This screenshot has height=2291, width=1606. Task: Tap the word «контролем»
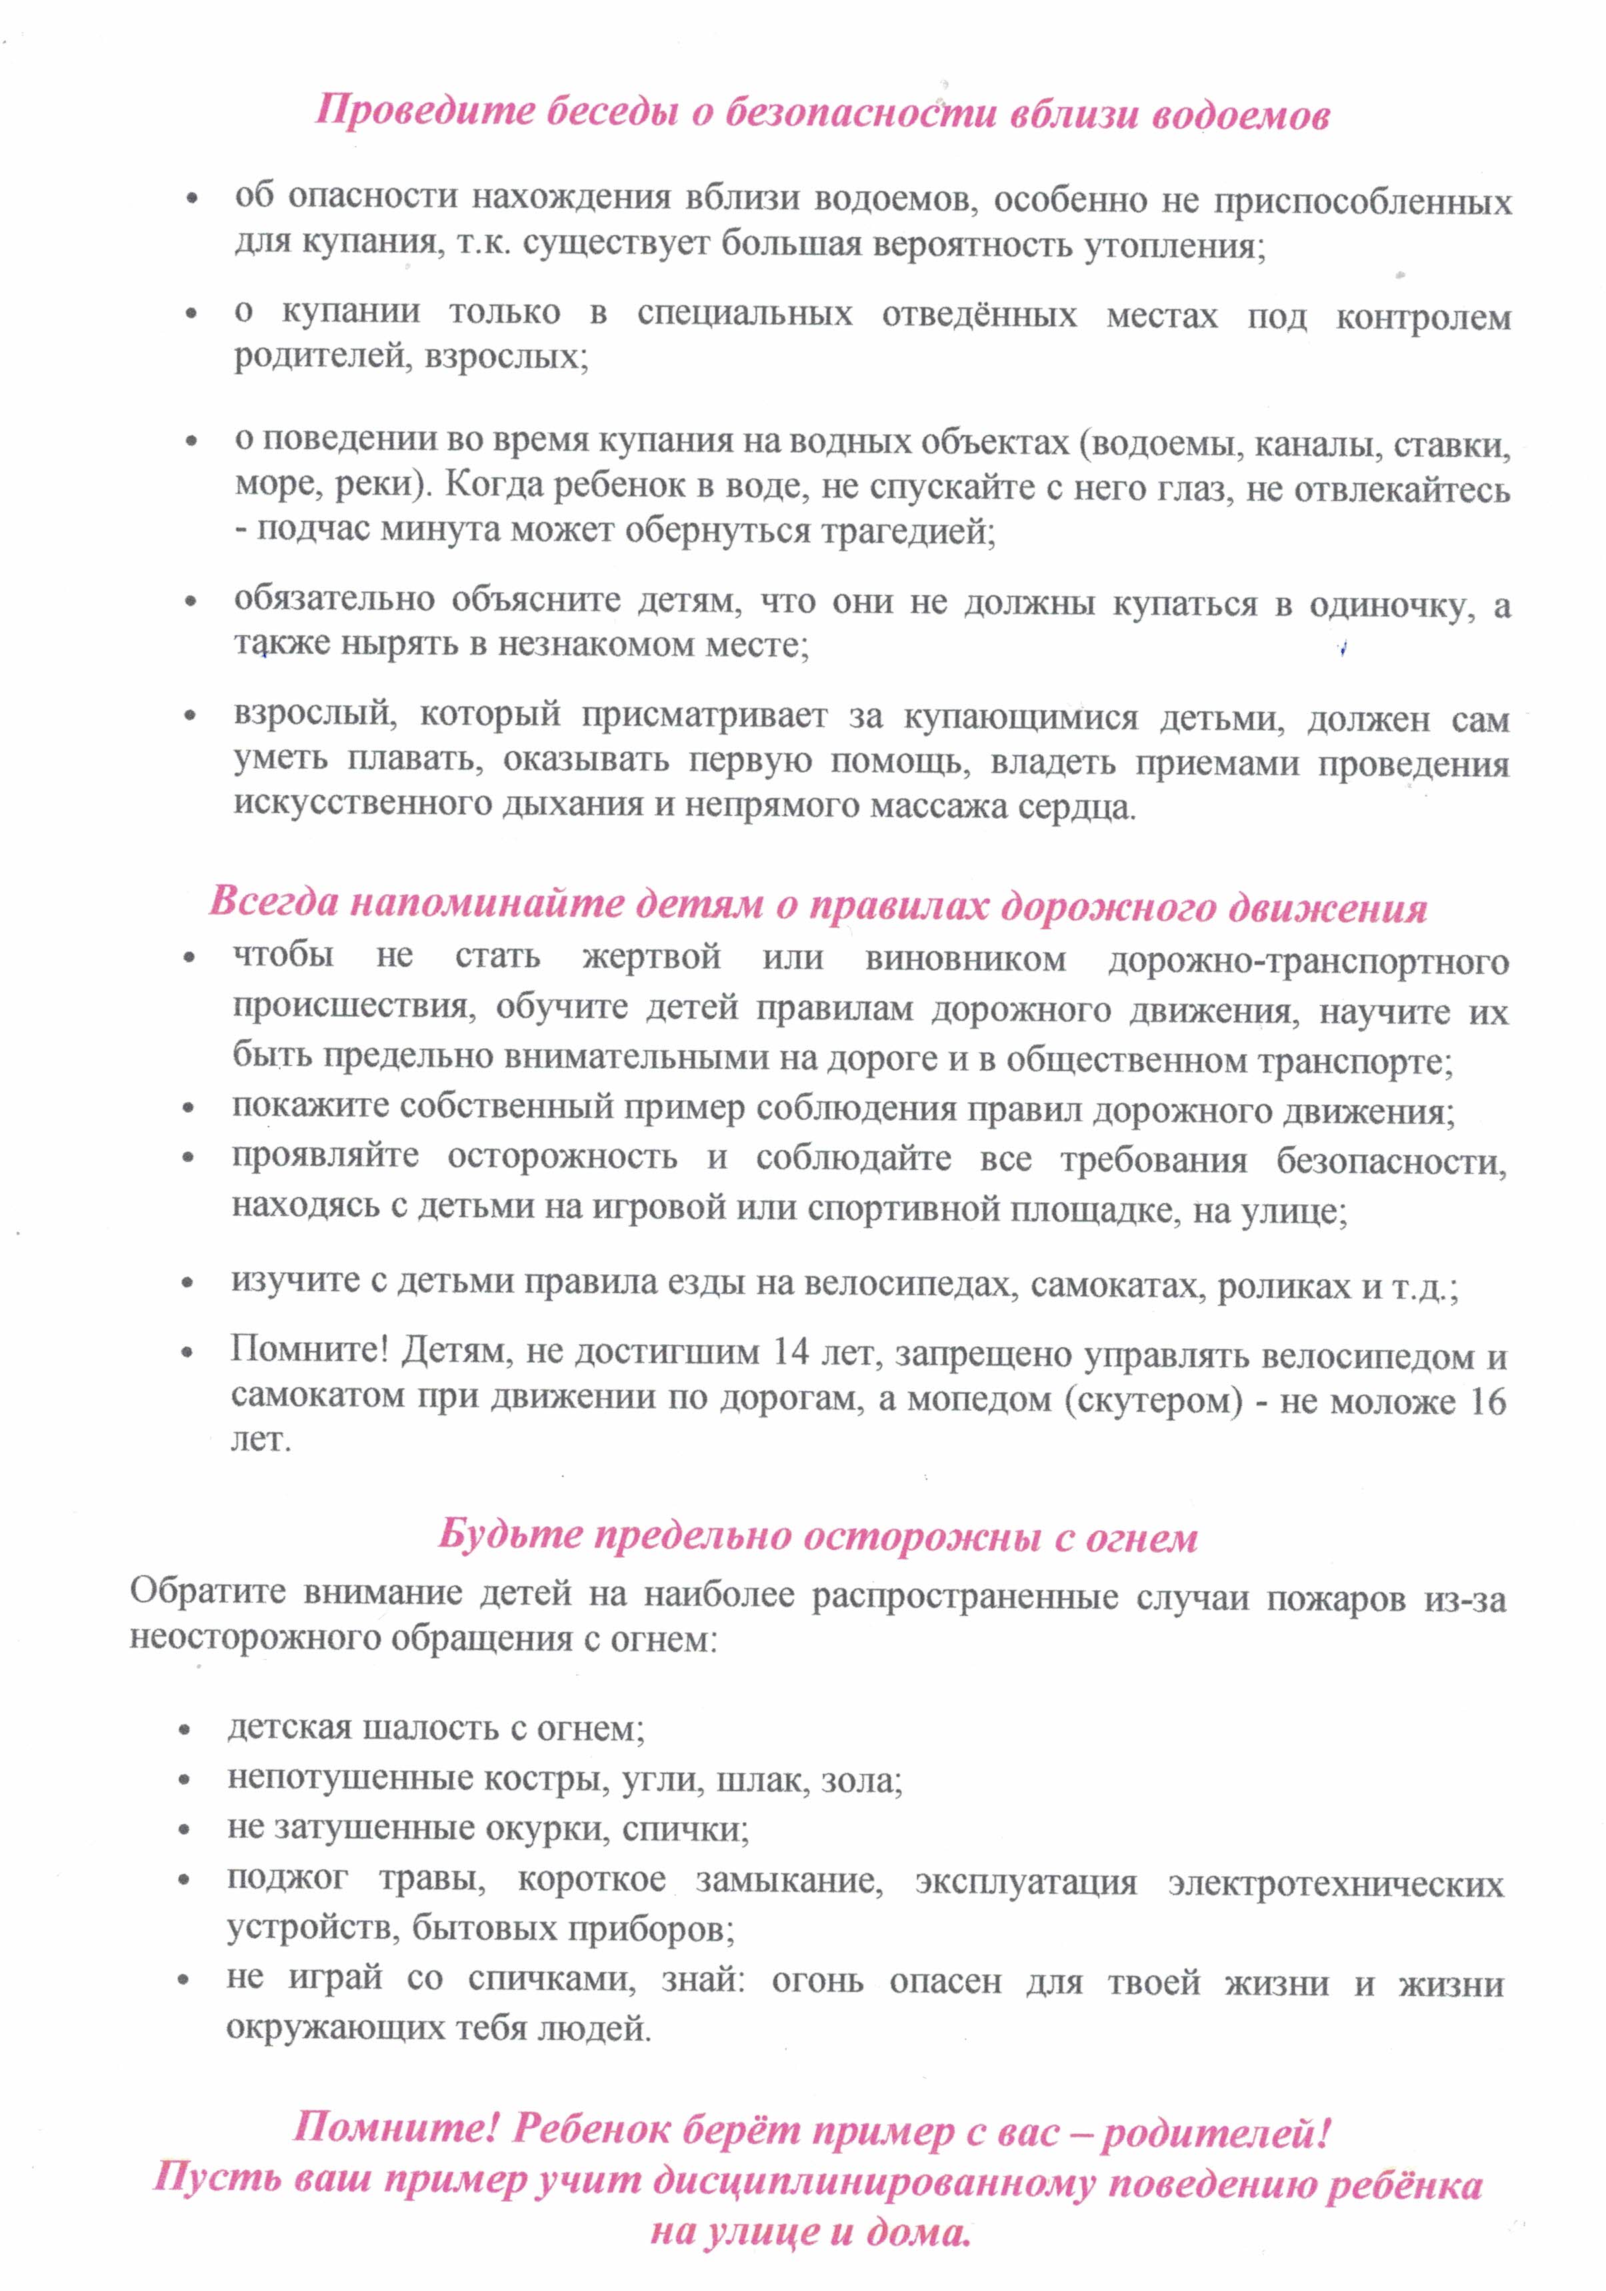[1423, 317]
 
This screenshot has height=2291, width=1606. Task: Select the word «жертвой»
[651, 957]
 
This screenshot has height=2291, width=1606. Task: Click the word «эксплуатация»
[1025, 1883]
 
